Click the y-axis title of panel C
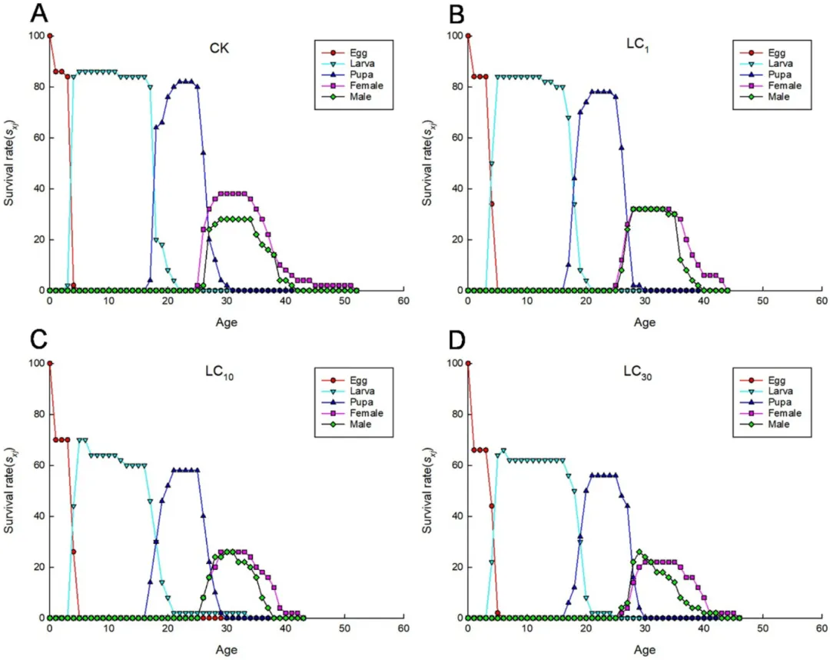click(x=9, y=492)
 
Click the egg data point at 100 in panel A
click(x=50, y=35)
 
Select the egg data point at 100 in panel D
click(x=467, y=363)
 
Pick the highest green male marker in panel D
click(x=639, y=552)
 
